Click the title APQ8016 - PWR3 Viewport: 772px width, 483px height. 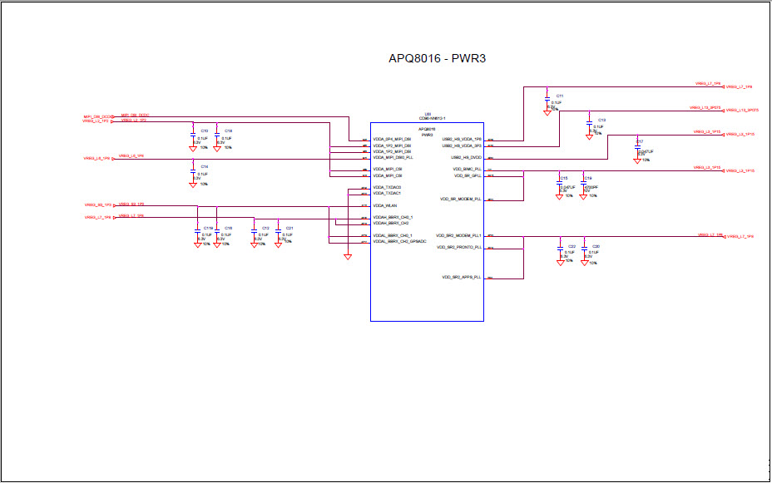[443, 58]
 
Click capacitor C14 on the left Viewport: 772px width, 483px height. [193, 171]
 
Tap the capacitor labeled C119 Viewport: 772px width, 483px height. [198, 232]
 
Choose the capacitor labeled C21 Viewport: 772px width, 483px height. [279, 232]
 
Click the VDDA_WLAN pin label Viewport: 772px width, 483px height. [385, 205]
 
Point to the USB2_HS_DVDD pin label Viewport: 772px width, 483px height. [466, 157]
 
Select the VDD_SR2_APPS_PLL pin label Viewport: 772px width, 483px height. [461, 277]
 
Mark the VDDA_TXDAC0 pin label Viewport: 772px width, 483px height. [387, 187]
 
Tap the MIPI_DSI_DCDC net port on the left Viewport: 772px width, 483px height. [97, 116]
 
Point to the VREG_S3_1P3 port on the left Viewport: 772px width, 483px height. [97, 205]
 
